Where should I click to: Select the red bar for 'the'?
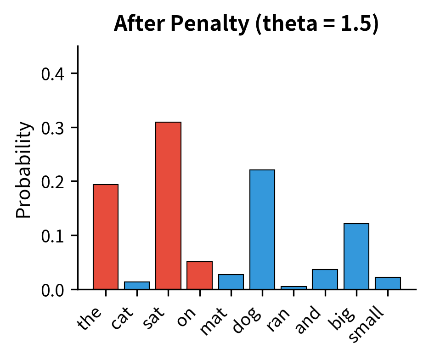pos(106,237)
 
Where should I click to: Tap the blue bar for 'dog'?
pos(262,230)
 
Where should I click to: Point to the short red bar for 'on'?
pos(199,276)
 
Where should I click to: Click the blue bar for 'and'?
pos(325,279)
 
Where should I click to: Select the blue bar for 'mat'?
pos(231,281)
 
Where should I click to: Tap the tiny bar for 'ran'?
pos(294,287)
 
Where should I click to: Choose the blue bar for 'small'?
pos(388,283)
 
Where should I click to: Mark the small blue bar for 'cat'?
pos(137,285)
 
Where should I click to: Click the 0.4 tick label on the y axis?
pos(53,74)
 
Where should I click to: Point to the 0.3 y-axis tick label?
pos(53,128)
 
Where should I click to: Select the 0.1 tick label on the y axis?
pos(53,236)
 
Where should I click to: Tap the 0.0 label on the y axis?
pos(53,290)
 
